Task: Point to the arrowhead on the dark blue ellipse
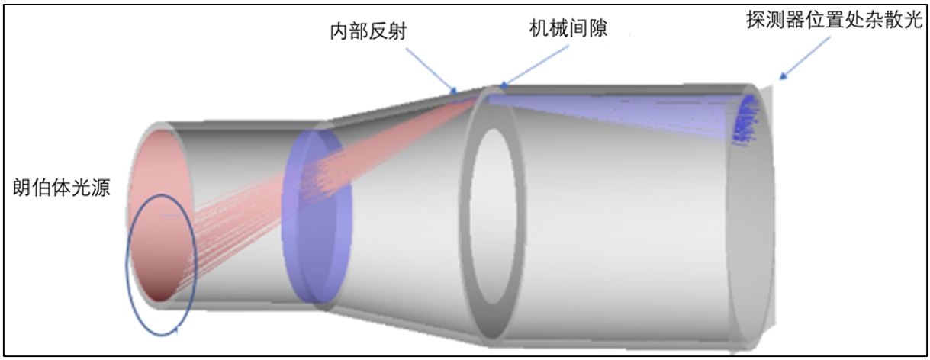click(x=177, y=329)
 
